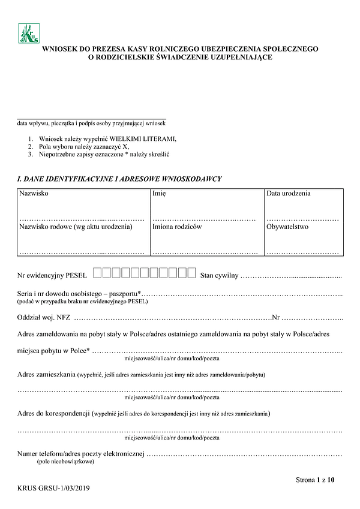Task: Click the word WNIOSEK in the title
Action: point(61,49)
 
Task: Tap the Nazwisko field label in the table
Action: point(34,194)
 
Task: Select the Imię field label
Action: point(159,194)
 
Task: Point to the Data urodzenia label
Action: point(289,194)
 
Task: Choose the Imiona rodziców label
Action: point(177,227)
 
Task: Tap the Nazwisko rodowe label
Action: point(76,227)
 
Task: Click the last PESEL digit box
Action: point(192,274)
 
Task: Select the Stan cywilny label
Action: point(220,275)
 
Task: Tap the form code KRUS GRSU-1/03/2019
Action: point(55,488)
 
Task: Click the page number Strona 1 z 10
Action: point(315,480)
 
